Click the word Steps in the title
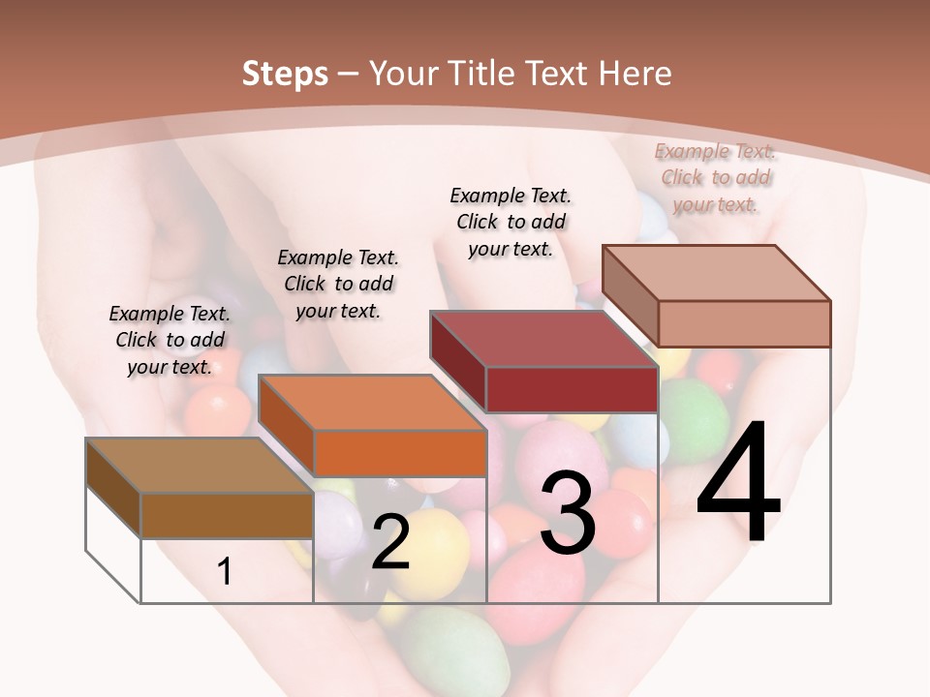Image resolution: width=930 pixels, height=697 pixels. tap(285, 74)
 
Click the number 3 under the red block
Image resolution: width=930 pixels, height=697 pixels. tap(568, 513)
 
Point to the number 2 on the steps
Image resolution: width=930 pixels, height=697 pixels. tap(390, 542)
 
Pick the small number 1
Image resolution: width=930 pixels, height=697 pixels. tap(225, 572)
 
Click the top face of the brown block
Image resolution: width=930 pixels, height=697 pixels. tap(199, 466)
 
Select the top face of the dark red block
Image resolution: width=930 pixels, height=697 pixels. tap(543, 339)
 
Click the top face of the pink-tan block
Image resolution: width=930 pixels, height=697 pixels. tap(716, 273)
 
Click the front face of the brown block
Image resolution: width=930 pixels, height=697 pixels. tap(227, 515)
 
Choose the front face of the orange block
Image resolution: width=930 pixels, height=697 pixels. tap(399, 453)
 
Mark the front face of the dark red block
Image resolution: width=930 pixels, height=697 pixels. tap(572, 389)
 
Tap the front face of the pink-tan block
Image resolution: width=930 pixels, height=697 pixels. tap(744, 323)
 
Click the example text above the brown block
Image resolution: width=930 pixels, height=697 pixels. tap(170, 340)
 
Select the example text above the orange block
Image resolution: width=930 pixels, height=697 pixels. tap(338, 284)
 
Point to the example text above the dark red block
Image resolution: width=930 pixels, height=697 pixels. tap(511, 222)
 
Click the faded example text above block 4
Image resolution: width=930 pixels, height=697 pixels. tap(715, 177)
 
